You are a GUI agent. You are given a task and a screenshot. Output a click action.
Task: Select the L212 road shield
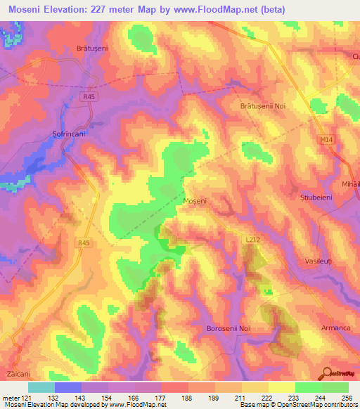coord(253,240)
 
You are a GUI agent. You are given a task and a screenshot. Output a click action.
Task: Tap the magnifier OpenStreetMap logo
coord(327,373)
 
